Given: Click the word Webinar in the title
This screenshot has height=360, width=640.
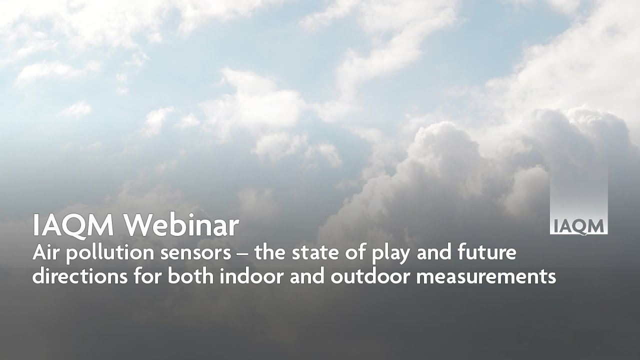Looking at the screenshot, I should [181, 226].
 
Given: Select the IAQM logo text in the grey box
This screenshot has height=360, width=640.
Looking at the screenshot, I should [578, 226].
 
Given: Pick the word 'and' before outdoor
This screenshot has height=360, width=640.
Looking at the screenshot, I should [308, 276].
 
